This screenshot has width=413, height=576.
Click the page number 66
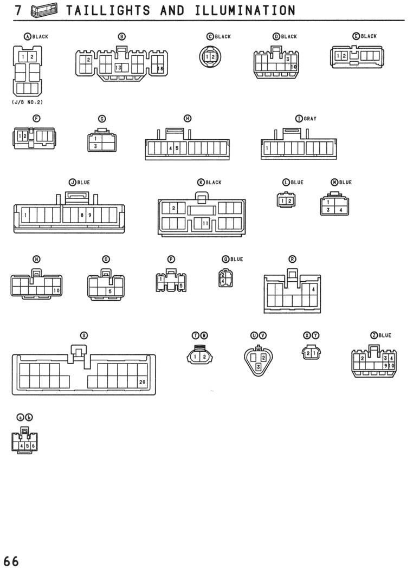(11, 562)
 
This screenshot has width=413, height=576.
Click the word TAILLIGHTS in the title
(108, 10)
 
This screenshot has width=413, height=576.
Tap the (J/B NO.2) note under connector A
(28, 102)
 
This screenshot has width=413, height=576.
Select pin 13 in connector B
(118, 68)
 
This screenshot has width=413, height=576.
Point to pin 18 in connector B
(160, 69)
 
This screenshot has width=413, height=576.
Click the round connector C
(210, 57)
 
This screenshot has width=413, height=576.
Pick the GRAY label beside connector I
(310, 119)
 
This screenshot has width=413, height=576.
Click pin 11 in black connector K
(205, 223)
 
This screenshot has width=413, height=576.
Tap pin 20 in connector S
(142, 382)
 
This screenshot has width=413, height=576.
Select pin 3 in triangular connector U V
(259, 367)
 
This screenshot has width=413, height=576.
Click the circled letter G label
(102, 119)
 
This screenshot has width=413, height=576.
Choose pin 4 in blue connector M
(341, 210)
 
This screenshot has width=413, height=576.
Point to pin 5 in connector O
(110, 292)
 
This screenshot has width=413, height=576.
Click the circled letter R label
(293, 260)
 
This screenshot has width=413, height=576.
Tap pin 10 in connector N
(56, 290)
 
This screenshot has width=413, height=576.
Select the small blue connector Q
(225, 278)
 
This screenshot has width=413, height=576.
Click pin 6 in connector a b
(33, 446)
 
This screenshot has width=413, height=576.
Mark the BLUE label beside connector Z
(385, 335)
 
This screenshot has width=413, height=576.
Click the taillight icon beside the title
(44, 10)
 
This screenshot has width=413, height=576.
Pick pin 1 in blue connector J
(25, 215)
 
